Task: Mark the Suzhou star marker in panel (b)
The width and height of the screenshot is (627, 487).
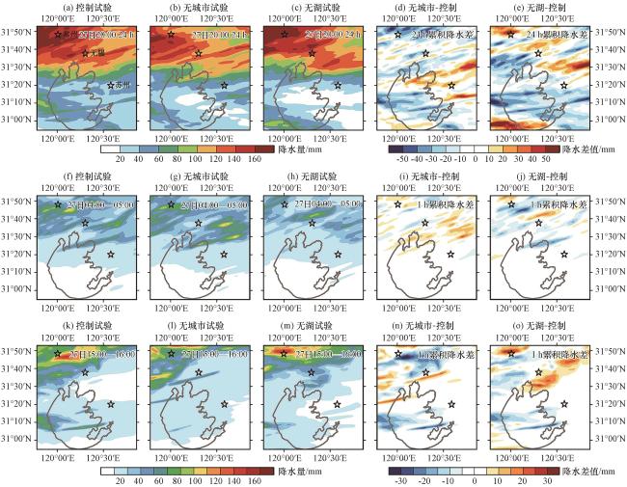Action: coord(224,85)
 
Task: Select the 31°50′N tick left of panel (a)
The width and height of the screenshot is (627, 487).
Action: coord(17,34)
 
